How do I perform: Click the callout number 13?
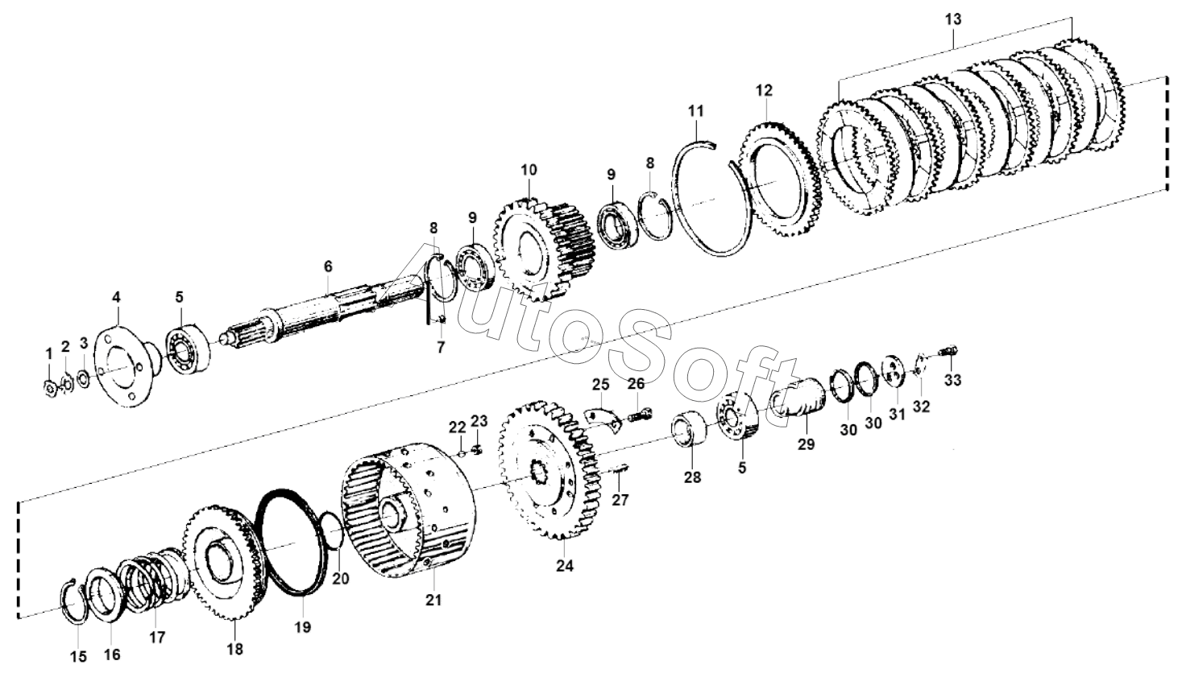953,18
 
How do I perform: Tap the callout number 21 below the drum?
435,600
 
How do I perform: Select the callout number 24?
564,566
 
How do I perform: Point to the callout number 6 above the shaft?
328,266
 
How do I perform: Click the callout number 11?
696,109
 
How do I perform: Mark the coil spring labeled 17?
149,584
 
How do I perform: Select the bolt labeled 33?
949,351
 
